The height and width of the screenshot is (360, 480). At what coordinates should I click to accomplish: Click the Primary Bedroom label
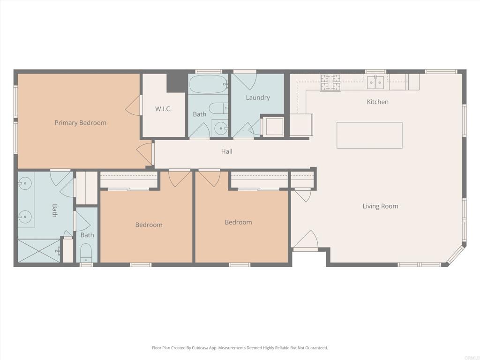80,123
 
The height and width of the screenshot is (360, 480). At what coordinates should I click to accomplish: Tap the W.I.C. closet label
163,109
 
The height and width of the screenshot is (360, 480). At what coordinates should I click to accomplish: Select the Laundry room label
258,97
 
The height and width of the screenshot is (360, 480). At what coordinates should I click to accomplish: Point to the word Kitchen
377,102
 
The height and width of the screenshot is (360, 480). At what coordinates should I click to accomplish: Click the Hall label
227,151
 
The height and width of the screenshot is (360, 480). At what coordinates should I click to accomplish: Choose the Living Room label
380,206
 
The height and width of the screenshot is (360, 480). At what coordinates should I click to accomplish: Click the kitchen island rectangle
369,135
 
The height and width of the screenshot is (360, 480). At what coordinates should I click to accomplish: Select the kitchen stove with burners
331,82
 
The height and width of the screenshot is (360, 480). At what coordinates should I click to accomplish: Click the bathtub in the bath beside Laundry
208,85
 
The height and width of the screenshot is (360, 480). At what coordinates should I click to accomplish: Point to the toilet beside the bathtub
217,108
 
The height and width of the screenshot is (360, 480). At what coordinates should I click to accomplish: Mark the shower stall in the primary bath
39,251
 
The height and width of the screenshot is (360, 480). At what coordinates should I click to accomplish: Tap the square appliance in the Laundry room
273,126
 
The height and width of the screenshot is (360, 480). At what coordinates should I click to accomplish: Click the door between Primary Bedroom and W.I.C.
134,105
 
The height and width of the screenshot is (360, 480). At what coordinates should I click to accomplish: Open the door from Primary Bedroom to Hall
146,154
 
